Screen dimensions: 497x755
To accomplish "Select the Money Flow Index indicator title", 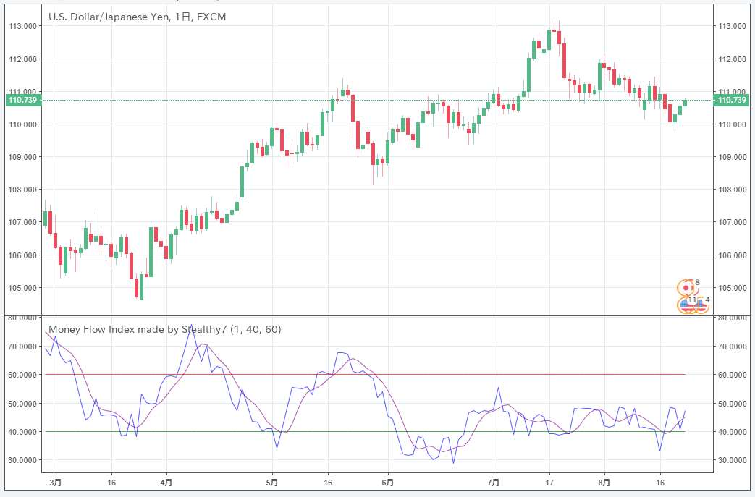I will (x=138, y=329).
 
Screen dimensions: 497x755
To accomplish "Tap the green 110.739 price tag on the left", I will (x=22, y=100).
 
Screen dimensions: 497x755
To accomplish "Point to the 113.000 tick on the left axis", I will (x=22, y=26).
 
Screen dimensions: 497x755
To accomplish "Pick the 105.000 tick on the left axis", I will (x=22, y=288).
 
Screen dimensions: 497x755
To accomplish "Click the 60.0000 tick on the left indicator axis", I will (x=22, y=375).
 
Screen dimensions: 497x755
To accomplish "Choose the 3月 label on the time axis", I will (x=56, y=481).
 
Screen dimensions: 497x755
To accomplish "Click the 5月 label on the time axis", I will (x=272, y=481).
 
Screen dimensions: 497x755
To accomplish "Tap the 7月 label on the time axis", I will (x=493, y=481).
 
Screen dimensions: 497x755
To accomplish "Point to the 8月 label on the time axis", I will (x=604, y=481).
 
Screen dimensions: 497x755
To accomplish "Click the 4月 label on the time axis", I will (x=166, y=481).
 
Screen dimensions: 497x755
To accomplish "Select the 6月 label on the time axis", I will (x=387, y=481).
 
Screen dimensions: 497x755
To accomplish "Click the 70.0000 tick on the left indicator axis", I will (x=22, y=347).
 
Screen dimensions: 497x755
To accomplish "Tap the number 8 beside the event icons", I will (x=697, y=282).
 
